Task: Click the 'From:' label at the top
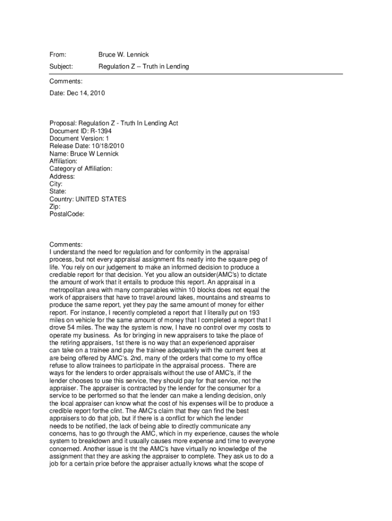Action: [58, 54]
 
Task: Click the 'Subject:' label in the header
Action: [61, 67]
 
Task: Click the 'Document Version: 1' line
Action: [79, 138]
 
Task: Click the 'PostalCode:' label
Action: [67, 215]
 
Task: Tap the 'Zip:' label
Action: [55, 207]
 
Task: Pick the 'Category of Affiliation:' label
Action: [80, 169]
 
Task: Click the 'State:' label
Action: [58, 192]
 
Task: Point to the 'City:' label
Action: [55, 184]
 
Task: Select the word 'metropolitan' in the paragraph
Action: [67, 290]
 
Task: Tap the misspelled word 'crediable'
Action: [65, 275]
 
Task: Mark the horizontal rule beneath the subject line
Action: [196, 74]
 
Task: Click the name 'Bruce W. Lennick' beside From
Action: [123, 54]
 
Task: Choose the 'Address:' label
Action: [62, 177]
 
